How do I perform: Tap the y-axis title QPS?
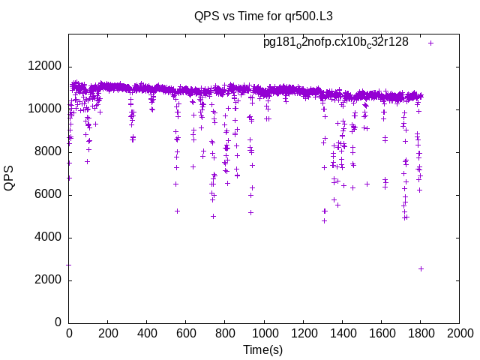[x=10, y=178]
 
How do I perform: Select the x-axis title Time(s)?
[x=262, y=349]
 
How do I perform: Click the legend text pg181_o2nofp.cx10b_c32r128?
[x=335, y=43]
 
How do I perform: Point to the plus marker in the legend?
[x=431, y=43]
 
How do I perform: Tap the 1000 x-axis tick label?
[x=264, y=332]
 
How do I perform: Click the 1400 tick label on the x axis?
[x=342, y=332]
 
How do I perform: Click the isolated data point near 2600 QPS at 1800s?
[x=421, y=268]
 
